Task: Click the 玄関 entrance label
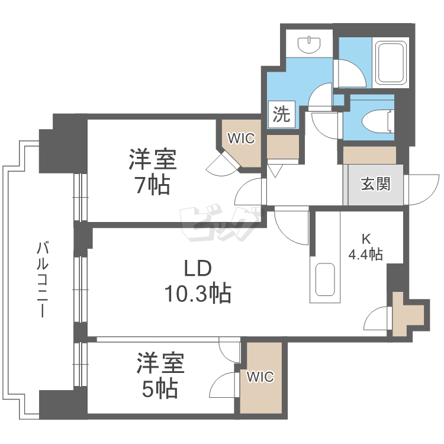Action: point(375,184)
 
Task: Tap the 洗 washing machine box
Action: point(281,114)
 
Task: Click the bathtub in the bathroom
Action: point(390,63)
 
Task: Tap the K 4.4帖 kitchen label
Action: point(365,247)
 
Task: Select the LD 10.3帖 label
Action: point(198,281)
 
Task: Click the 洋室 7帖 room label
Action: point(152,172)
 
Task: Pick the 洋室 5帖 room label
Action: point(160,376)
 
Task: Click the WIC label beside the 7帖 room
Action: point(242,139)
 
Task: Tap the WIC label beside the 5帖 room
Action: point(260,377)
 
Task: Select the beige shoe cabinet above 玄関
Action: point(369,155)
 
